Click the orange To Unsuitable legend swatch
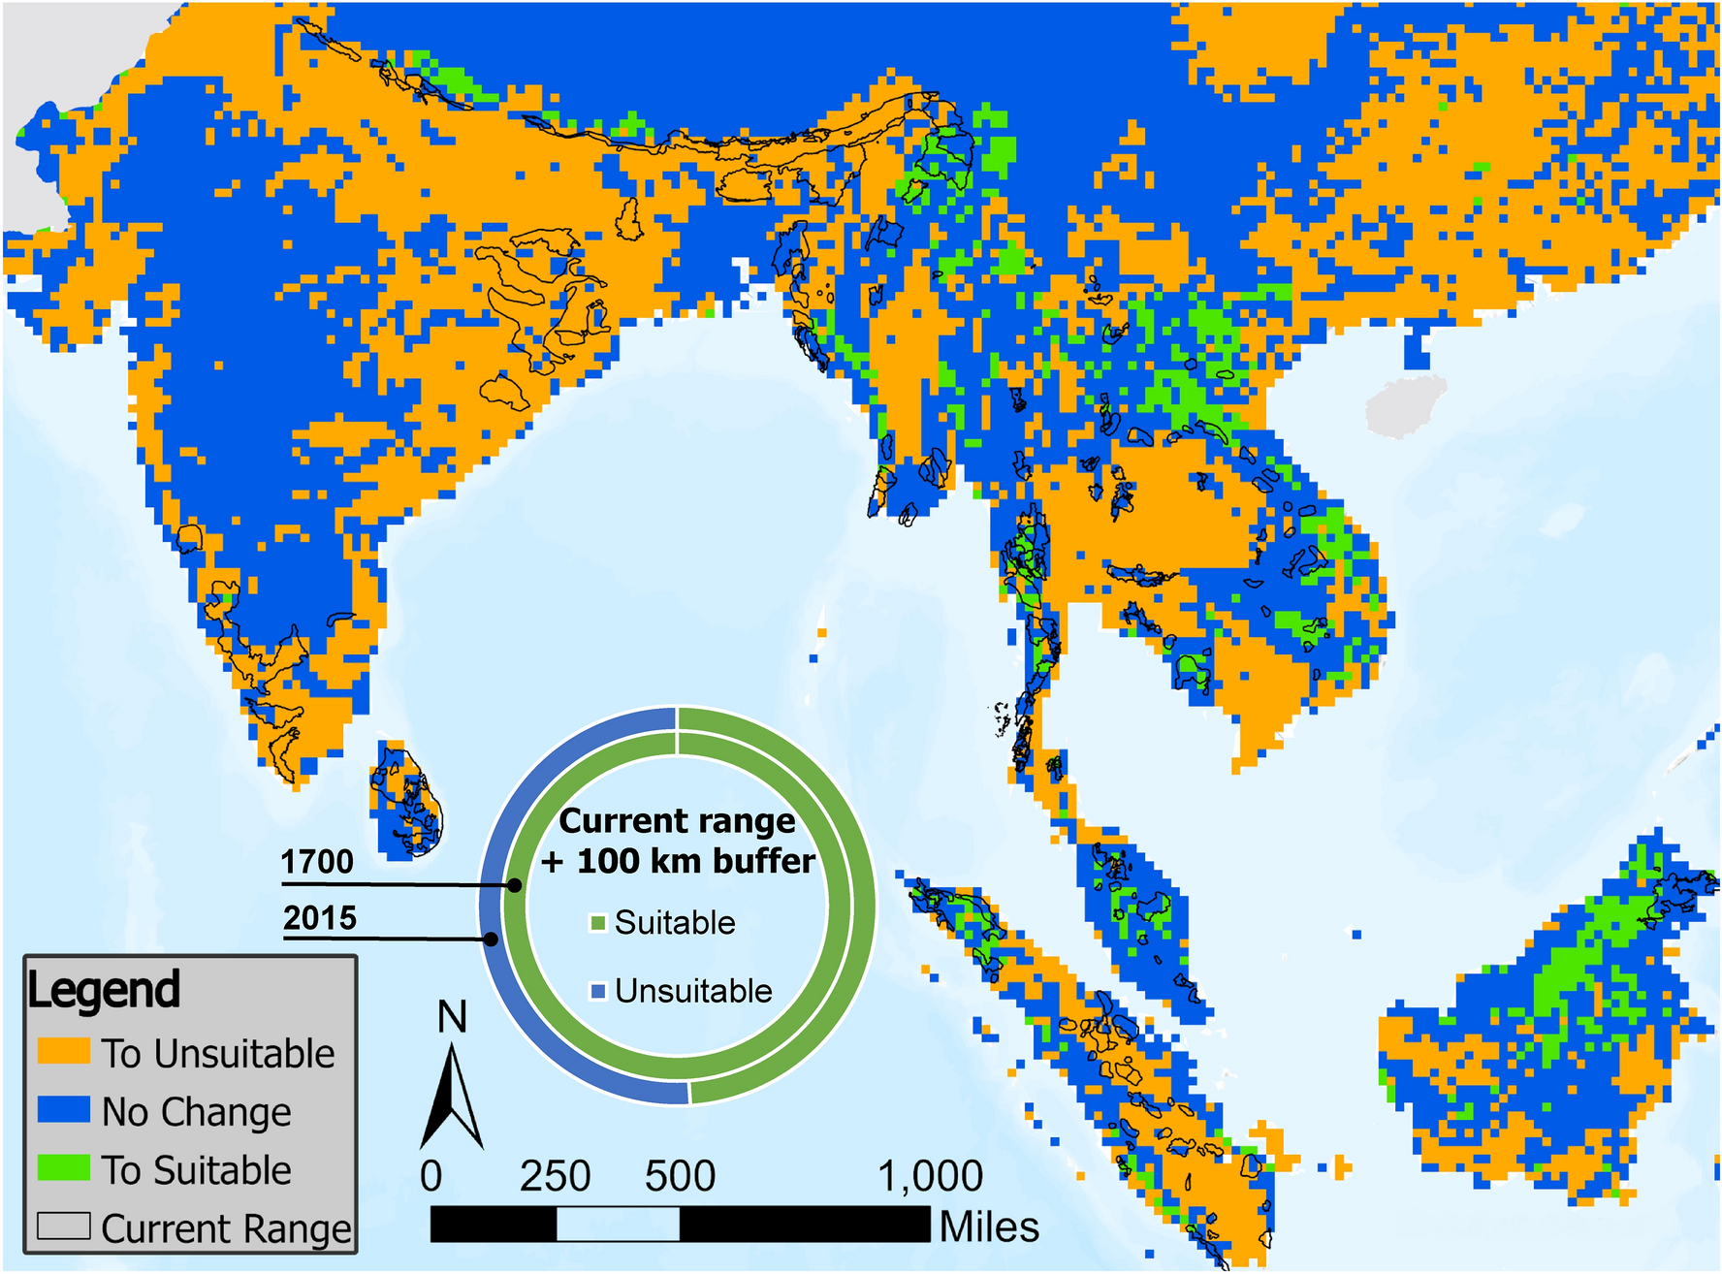point(63,1052)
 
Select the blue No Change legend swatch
point(63,1109)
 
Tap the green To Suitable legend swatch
point(63,1167)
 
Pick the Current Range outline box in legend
point(63,1226)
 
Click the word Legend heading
point(104,990)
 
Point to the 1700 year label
point(317,862)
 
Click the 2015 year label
point(320,917)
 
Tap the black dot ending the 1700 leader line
point(515,885)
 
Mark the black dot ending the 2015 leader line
point(492,939)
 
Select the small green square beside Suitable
point(598,923)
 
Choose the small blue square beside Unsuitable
point(598,991)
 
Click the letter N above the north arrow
point(452,1017)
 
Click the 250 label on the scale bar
point(555,1176)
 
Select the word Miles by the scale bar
point(988,1226)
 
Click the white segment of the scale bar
point(618,1224)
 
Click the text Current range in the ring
point(677,821)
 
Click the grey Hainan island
point(1404,405)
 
